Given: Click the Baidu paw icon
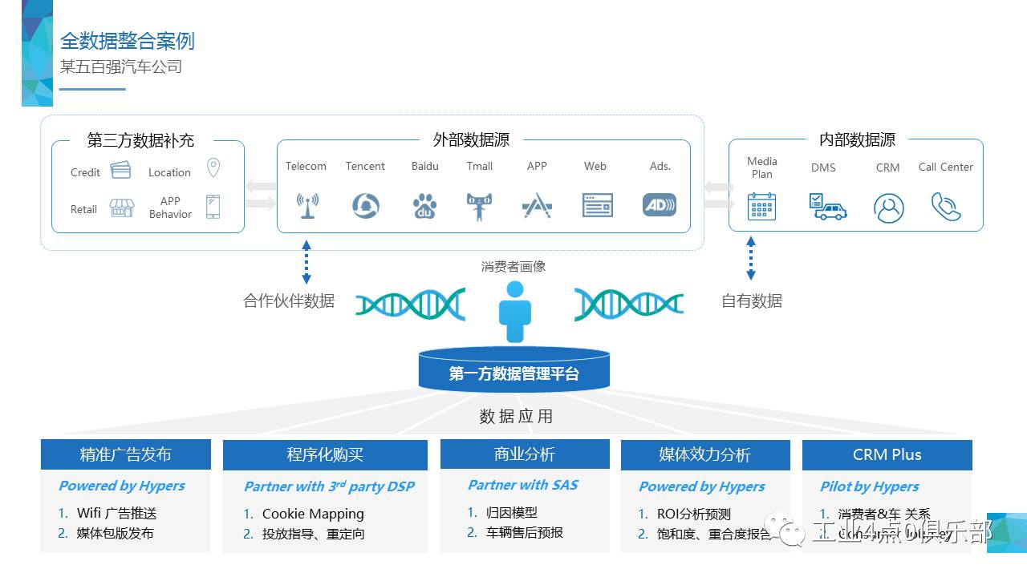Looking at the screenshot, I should click(x=425, y=206).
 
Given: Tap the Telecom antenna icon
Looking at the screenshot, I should click(x=306, y=206).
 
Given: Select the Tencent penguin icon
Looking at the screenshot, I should click(x=365, y=206).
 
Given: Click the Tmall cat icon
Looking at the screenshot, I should click(x=479, y=206).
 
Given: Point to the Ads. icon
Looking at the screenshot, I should click(x=660, y=205).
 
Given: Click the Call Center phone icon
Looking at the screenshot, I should click(x=946, y=206).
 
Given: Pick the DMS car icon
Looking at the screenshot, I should click(x=827, y=206).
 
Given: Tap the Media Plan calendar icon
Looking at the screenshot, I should click(x=761, y=206).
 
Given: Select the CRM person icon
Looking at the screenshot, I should click(x=888, y=208).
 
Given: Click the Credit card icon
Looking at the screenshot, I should click(x=120, y=171).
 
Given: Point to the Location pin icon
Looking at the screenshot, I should click(x=213, y=168).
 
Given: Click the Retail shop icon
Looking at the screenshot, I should click(x=122, y=208).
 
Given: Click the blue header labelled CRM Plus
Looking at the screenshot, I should click(x=887, y=454).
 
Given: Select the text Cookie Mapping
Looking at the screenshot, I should click(x=313, y=514).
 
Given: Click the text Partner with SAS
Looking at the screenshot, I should click(x=523, y=485).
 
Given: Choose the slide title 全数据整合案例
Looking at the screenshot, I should click(x=128, y=41).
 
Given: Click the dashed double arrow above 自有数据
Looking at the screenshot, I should click(x=751, y=257).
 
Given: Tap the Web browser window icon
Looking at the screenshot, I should click(x=597, y=206).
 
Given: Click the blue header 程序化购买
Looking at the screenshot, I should click(x=326, y=454).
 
